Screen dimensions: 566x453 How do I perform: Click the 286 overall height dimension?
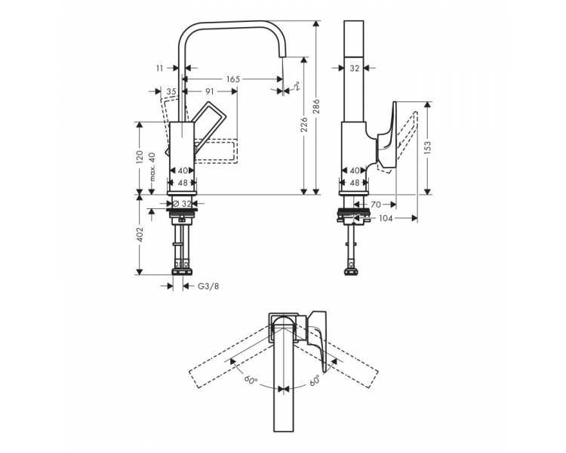317,106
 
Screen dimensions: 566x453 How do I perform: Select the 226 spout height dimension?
304,125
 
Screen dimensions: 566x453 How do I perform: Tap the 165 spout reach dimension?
233,79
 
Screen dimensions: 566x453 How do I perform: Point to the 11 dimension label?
160,68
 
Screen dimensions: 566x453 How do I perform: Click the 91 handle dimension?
210,92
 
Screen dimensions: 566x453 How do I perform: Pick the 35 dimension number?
171,92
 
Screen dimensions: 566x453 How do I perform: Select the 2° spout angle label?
297,87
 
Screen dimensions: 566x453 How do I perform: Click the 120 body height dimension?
140,157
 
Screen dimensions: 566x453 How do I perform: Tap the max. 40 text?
152,167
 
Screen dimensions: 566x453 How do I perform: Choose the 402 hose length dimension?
140,235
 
